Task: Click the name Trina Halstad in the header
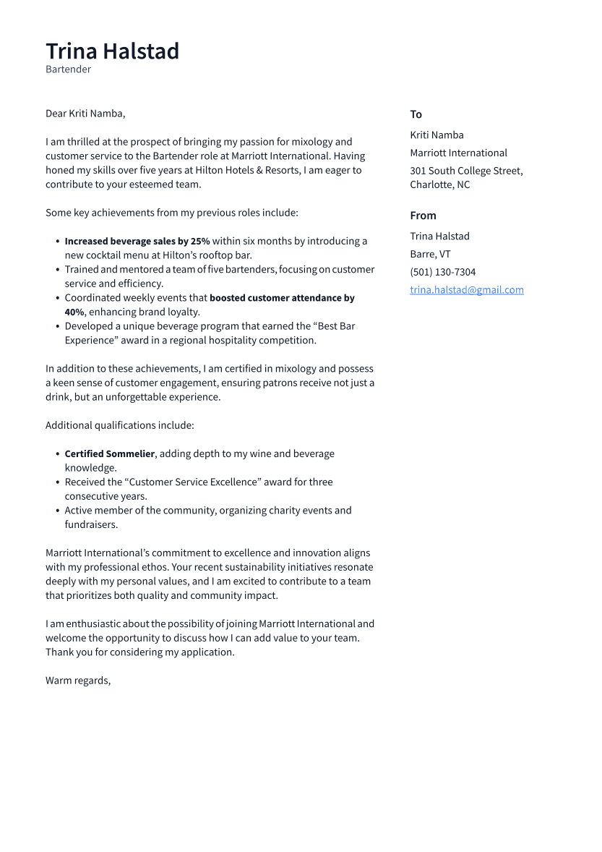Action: coord(112,51)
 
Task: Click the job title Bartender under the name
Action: coord(68,69)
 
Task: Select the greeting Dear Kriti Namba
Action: coord(85,114)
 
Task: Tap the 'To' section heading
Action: coord(416,114)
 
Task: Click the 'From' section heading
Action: coord(423,216)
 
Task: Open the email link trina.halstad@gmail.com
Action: coord(466,290)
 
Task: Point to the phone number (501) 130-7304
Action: coord(442,272)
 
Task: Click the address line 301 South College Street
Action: coord(466,171)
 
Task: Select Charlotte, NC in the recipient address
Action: coord(439,184)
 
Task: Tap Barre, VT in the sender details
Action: coord(430,254)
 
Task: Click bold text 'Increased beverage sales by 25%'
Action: coord(137,241)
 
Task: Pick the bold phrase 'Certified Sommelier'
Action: coord(110,453)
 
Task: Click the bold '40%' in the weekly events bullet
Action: coord(74,312)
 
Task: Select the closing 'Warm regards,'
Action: coord(78,681)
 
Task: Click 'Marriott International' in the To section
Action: coord(458,153)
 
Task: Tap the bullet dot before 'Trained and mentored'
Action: coord(57,270)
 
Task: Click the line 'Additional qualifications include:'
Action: coord(119,425)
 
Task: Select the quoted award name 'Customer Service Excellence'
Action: coord(195,482)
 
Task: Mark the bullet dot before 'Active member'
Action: coord(57,511)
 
